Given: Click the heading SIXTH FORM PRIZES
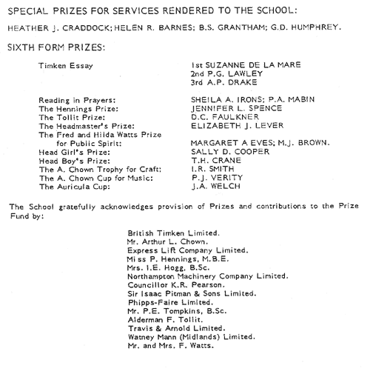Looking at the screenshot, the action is click(56, 47).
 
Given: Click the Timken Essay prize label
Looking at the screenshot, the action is click(66, 66).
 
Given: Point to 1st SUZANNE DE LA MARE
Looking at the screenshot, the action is click(246, 65).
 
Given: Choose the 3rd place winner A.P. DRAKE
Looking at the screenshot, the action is click(223, 82).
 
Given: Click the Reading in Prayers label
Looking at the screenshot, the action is click(77, 100).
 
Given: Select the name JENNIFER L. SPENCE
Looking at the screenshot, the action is click(236, 108).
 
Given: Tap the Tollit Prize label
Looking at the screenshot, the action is click(72, 118).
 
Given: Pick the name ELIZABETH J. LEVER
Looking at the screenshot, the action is click(237, 125).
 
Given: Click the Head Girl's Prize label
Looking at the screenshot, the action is click(74, 153).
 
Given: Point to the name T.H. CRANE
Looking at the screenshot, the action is click(216, 161).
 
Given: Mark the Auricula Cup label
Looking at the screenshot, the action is click(74, 187).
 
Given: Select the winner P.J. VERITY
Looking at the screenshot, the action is click(217, 178).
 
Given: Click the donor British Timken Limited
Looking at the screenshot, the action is click(173, 233).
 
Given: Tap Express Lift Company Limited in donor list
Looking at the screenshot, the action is click(188, 250).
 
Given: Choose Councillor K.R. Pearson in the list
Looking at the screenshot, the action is click(176, 285).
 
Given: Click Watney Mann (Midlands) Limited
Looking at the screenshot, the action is click(192, 337).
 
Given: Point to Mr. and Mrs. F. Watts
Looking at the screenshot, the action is click(171, 346).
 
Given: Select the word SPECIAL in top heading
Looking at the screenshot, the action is click(27, 11).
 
